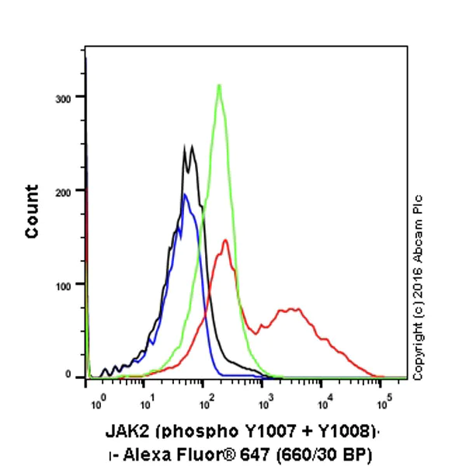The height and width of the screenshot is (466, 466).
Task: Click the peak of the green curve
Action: pos(219,85)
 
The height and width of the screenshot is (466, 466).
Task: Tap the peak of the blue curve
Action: pos(185,195)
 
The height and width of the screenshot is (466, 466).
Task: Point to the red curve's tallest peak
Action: pos(225,240)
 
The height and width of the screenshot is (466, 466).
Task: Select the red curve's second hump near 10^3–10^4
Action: pos(289,309)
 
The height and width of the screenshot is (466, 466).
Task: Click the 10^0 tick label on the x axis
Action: pos(97,403)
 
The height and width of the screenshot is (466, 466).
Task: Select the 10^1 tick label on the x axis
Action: pos(146,403)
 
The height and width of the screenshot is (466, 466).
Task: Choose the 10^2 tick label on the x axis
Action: pos(207,403)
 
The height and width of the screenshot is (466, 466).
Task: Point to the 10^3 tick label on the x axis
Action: pos(266,403)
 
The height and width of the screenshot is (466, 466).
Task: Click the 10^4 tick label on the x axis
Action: pos(325,403)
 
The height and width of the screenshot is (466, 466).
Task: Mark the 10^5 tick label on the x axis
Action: pos(384,403)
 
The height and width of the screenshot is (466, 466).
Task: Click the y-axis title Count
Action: pos(33,211)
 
